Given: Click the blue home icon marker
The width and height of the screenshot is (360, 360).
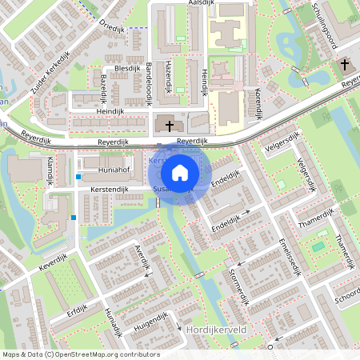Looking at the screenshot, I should click(x=180, y=172).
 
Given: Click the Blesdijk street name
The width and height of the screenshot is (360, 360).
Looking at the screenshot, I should click(x=128, y=70).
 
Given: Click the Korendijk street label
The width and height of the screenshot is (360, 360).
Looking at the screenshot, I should click(x=258, y=105).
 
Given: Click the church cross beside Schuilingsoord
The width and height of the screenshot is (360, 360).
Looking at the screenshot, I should click(x=345, y=64).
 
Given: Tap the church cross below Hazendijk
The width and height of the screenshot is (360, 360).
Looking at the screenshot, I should click(x=168, y=124).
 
